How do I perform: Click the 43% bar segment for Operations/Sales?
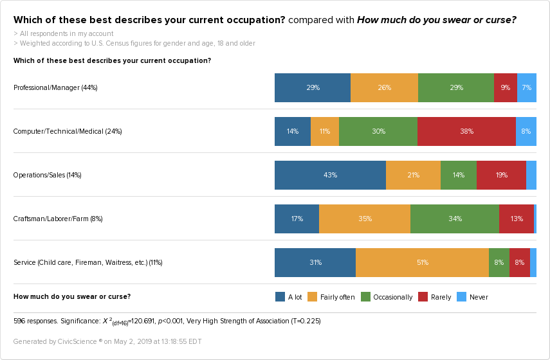coord(330,175)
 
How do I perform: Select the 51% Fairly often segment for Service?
coord(422,262)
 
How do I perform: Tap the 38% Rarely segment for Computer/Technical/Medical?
coord(466,131)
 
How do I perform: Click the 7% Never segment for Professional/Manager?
coord(527,87)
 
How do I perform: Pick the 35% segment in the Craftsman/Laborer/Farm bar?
coord(365,219)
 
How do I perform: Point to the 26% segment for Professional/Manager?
coord(384,87)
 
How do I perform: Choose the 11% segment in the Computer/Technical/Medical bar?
coord(325,131)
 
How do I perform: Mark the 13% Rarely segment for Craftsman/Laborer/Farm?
coord(517,219)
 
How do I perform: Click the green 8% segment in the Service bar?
coord(499,262)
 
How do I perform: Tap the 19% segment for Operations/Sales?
coord(501,175)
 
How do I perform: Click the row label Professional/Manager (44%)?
coord(55,87)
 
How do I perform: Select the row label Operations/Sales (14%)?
coord(47,175)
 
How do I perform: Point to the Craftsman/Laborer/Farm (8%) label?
coord(58,219)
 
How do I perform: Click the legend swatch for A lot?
coord(280,297)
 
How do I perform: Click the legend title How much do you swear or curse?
coord(72,296)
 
